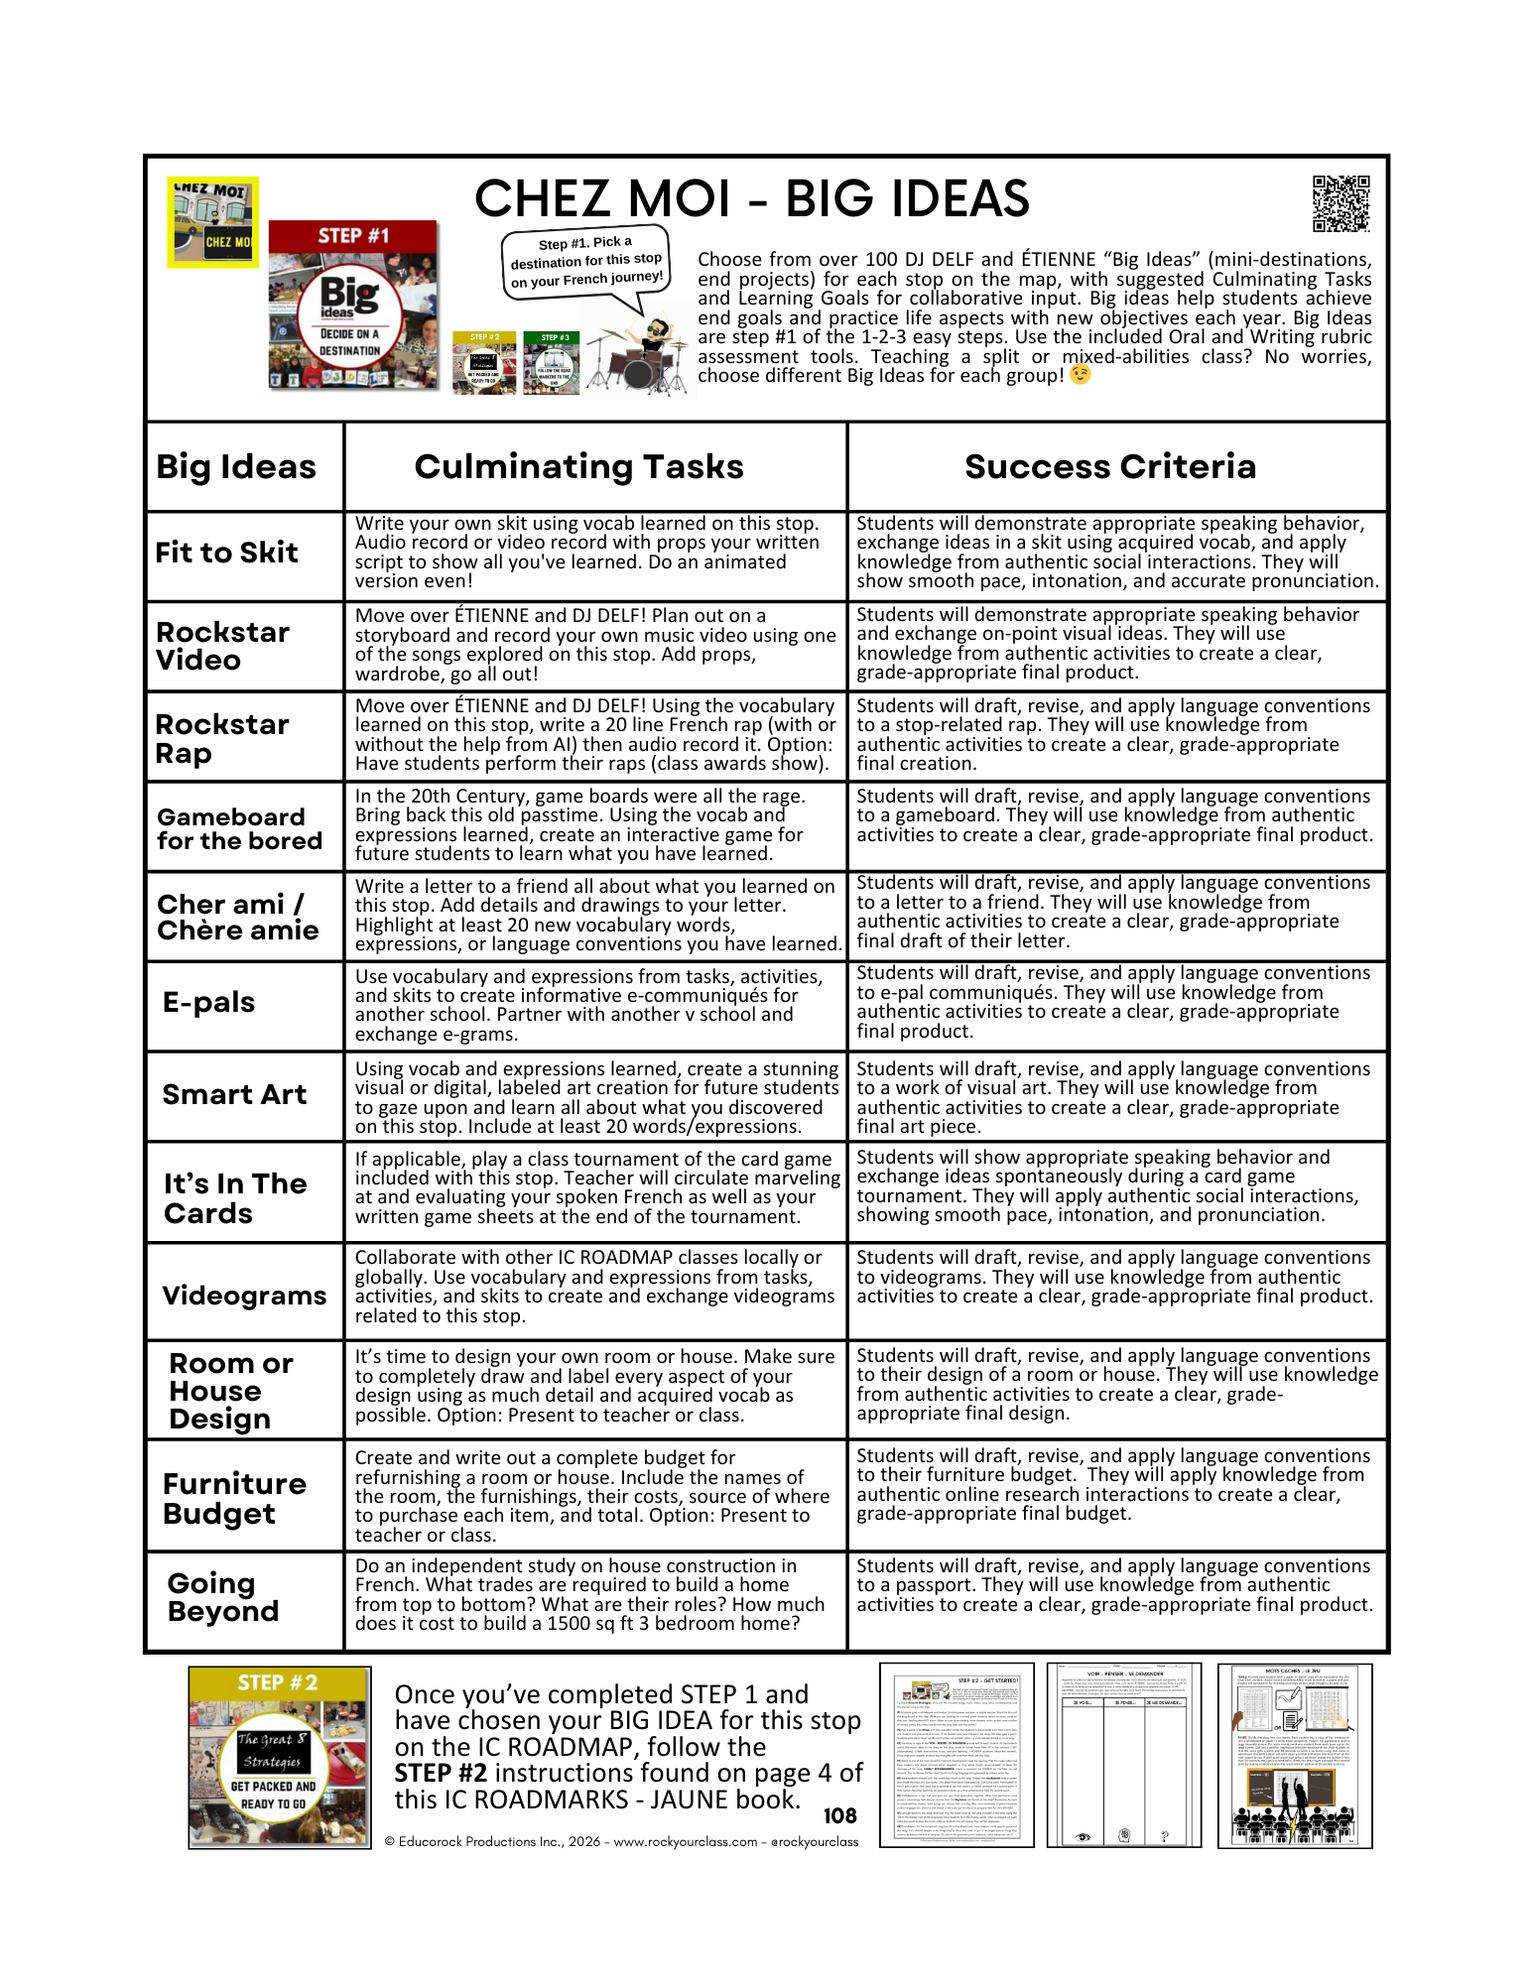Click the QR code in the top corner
pyautogui.click(x=1341, y=203)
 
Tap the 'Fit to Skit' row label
pyautogui.click(x=226, y=553)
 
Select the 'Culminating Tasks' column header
pyautogui.click(x=578, y=466)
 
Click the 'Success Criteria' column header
pyautogui.click(x=1109, y=466)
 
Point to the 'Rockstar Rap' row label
pyautogui.click(x=222, y=738)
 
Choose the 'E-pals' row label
pyautogui.click(x=208, y=1002)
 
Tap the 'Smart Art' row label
pyautogui.click(x=234, y=1094)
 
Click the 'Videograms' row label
pyautogui.click(x=244, y=1296)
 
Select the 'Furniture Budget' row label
pyautogui.click(x=234, y=1498)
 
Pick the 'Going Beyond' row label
pyautogui.click(x=222, y=1597)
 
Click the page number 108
pyautogui.click(x=839, y=1815)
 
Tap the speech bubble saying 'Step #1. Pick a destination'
pyautogui.click(x=585, y=262)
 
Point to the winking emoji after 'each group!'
pyautogui.click(x=1080, y=375)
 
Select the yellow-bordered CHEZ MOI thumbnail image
pyautogui.click(x=212, y=222)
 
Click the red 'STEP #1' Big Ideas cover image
pyautogui.click(x=352, y=304)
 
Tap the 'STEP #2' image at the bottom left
pyautogui.click(x=279, y=1758)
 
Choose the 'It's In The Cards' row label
pyautogui.click(x=235, y=1198)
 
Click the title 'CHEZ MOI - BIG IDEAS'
pyautogui.click(x=751, y=198)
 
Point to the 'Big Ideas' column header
pyautogui.click(x=236, y=466)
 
